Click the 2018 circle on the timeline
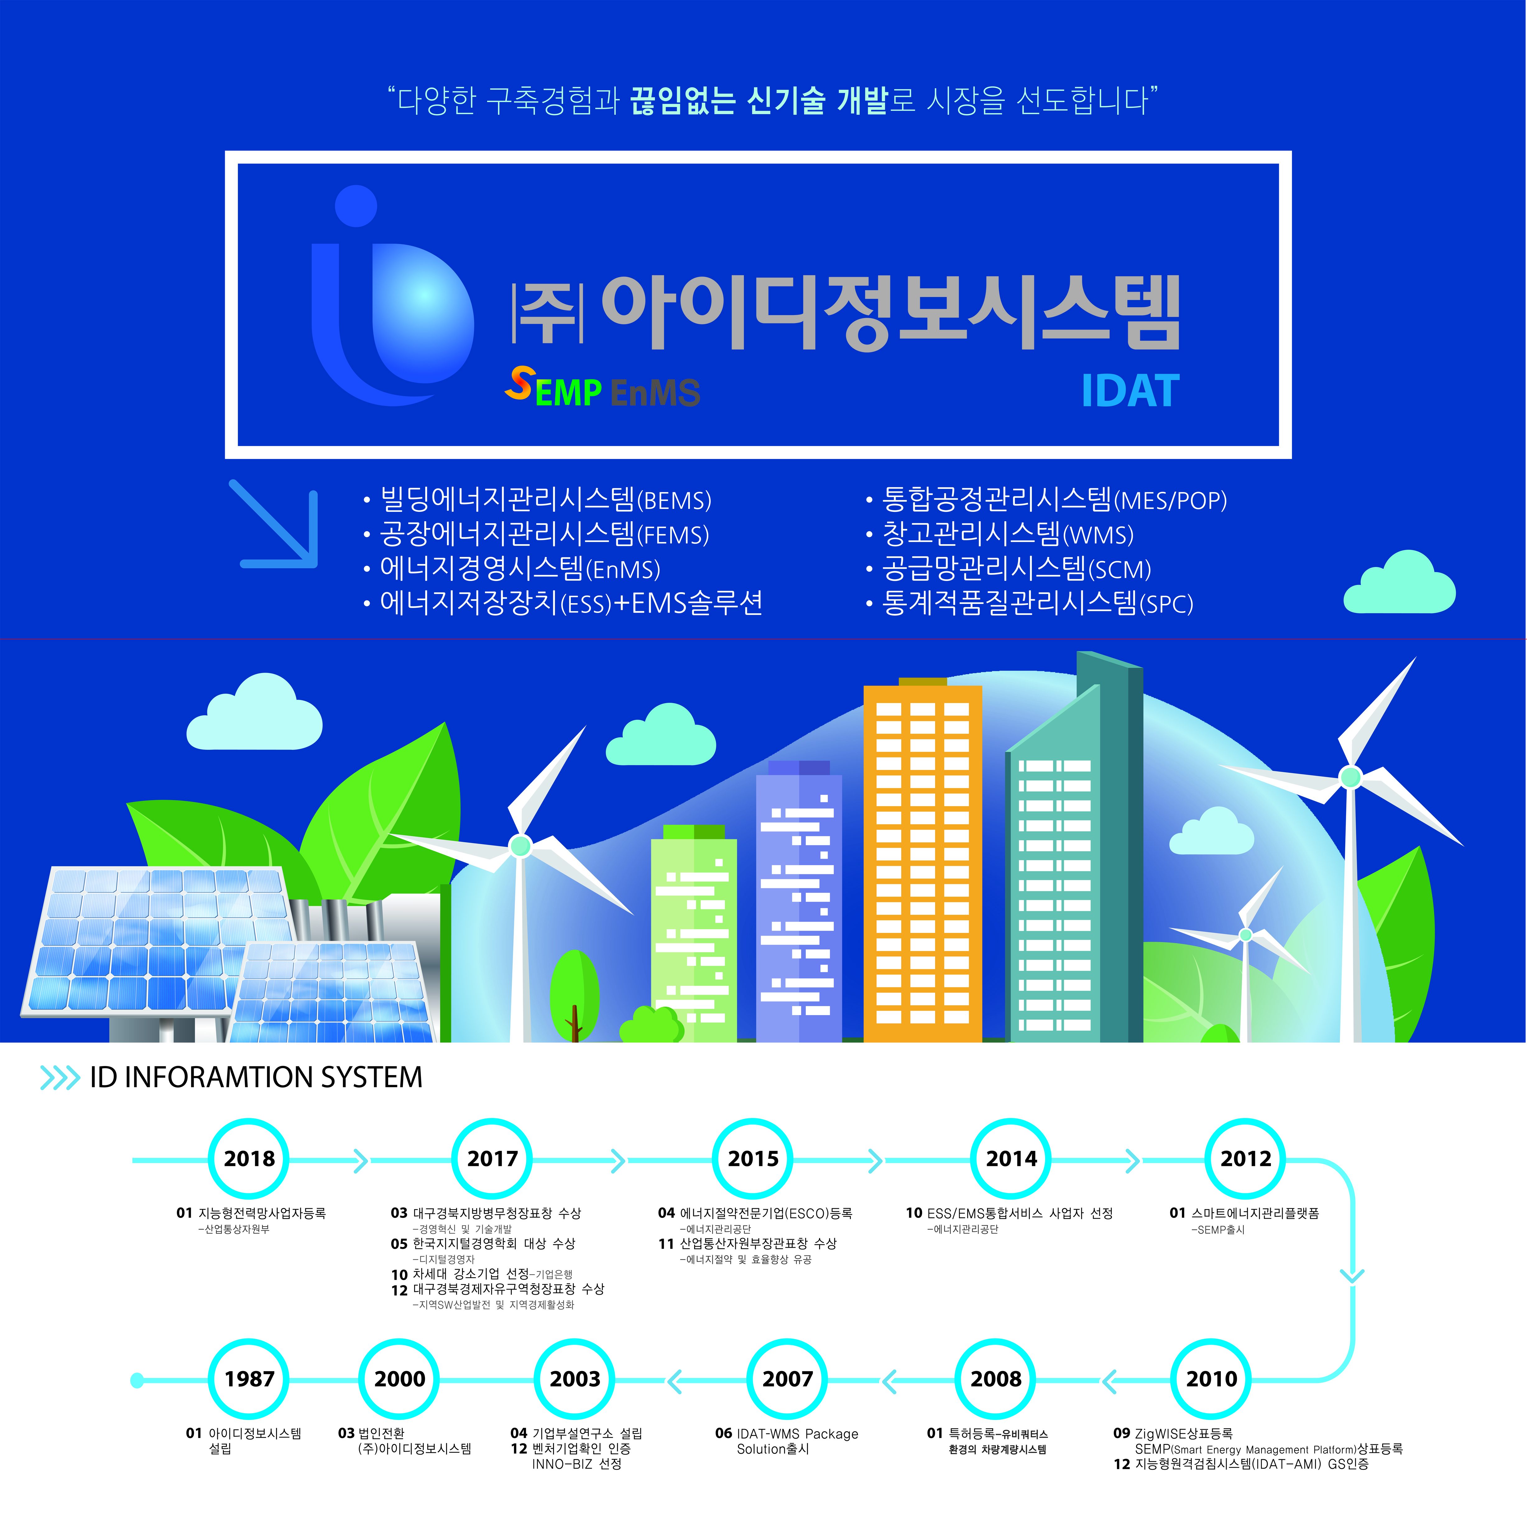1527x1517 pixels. pos(249,1159)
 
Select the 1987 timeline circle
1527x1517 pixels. pos(249,1380)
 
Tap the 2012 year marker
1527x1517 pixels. pos(1246,1159)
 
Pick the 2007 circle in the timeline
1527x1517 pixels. pos(787,1380)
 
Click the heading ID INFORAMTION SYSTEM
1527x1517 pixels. pos(256,1077)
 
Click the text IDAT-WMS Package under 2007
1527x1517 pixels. pos(797,1433)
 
